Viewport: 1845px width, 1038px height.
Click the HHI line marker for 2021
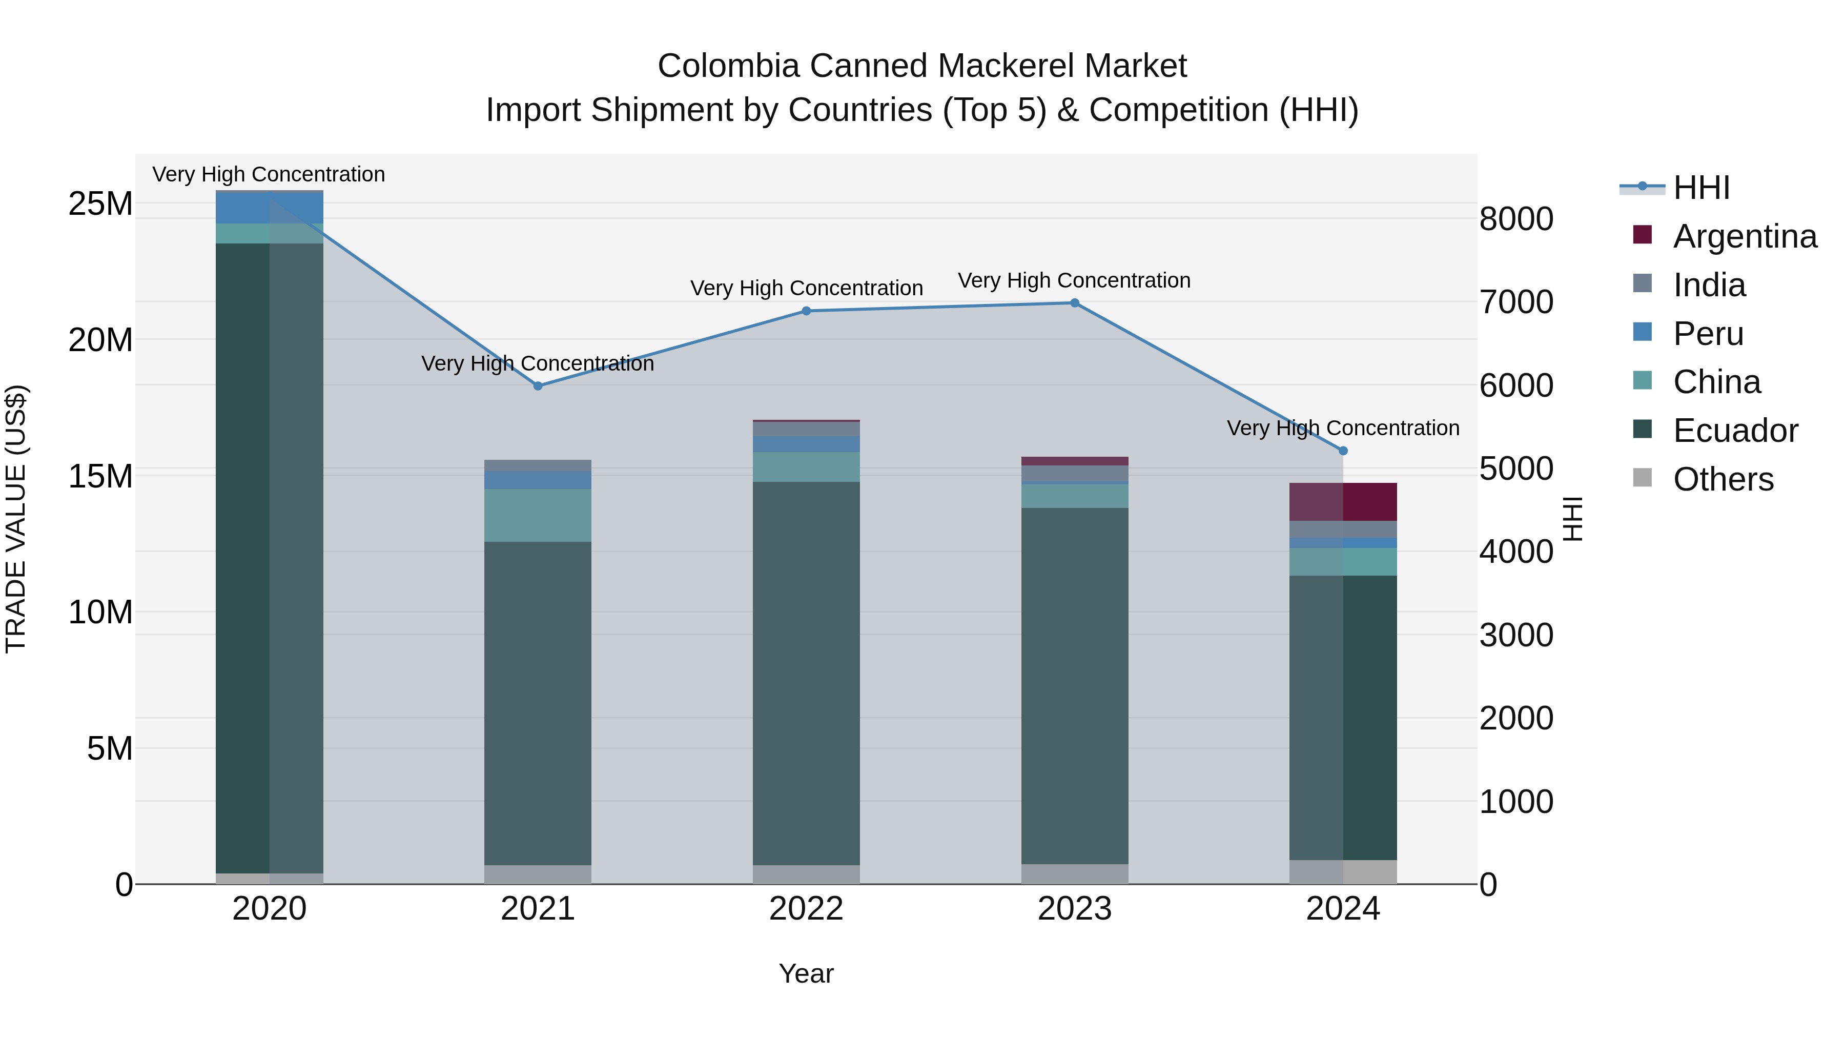point(538,386)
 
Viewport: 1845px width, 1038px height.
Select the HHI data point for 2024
point(1343,451)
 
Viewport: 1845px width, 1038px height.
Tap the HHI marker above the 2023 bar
point(1074,303)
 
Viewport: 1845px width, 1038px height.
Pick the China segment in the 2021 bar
point(538,516)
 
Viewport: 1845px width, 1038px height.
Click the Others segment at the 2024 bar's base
point(1343,872)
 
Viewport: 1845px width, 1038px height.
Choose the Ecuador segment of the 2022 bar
point(806,674)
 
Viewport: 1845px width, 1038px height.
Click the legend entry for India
point(1709,285)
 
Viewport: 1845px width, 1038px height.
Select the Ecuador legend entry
point(1735,431)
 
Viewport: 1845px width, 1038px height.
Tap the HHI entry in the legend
point(1701,188)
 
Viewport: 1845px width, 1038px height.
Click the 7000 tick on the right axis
point(1516,301)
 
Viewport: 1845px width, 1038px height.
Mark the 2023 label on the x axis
point(1074,909)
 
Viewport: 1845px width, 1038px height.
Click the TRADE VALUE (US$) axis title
point(16,519)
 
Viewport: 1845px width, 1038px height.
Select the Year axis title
point(806,973)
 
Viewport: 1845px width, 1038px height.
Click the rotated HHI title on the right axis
point(1573,519)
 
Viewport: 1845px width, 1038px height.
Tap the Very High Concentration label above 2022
point(806,288)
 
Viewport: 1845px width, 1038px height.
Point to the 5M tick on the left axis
point(110,748)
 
